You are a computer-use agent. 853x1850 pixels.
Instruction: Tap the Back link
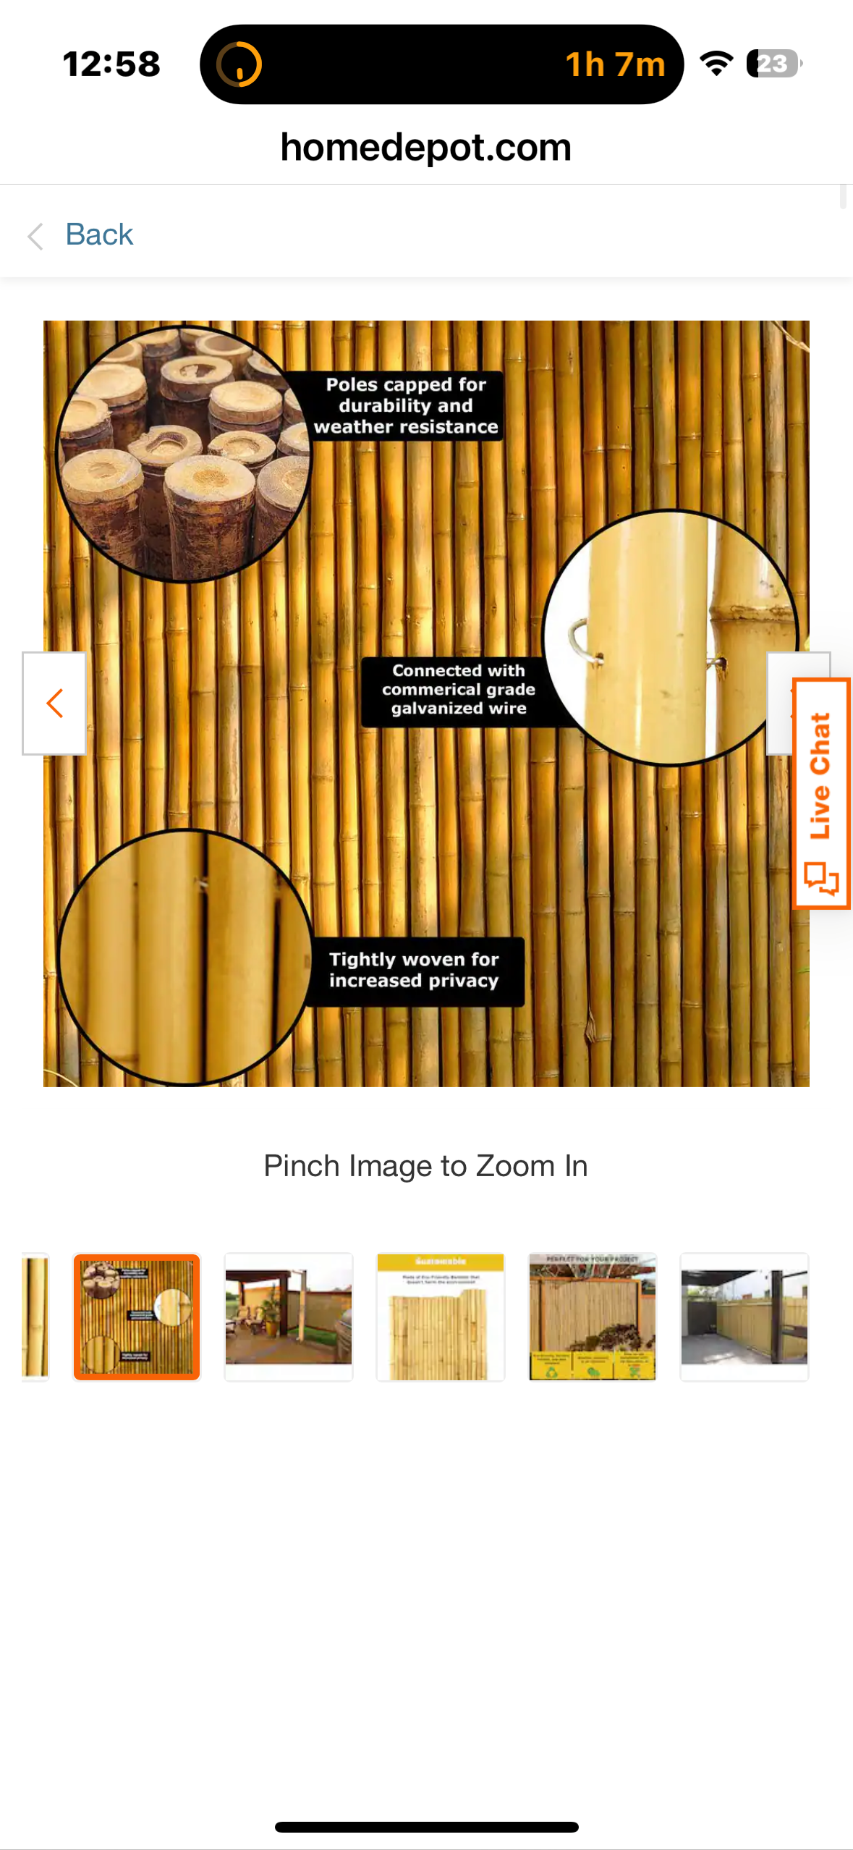pyautogui.click(x=98, y=235)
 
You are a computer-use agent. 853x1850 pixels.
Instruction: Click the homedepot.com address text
pyautogui.click(x=425, y=148)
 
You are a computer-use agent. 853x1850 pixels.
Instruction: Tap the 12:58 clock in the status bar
pyautogui.click(x=111, y=64)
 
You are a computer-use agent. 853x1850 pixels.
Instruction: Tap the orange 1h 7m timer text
pyautogui.click(x=614, y=64)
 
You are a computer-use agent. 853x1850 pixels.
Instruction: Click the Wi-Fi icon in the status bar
pyautogui.click(x=716, y=64)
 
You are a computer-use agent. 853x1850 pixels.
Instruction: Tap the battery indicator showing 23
pyautogui.click(x=773, y=64)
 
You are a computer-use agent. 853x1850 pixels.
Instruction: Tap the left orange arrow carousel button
pyautogui.click(x=54, y=703)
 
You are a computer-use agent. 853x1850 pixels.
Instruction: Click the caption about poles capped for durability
pyautogui.click(x=405, y=406)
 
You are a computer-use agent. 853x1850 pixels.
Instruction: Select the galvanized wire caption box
pyautogui.click(x=457, y=690)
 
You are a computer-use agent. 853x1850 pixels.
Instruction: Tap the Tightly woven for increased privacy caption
pyautogui.click(x=414, y=970)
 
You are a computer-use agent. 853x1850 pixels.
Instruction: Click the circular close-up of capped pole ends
pyautogui.click(x=184, y=454)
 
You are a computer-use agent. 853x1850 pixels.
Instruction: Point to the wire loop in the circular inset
pyautogui.click(x=582, y=641)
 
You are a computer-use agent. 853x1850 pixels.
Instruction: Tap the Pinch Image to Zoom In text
pyautogui.click(x=425, y=1166)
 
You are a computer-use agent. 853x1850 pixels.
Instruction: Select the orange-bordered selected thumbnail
pyautogui.click(x=137, y=1317)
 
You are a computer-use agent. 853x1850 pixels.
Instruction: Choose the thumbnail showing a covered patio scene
pyautogui.click(x=289, y=1317)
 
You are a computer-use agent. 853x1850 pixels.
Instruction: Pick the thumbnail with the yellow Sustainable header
pyautogui.click(x=441, y=1317)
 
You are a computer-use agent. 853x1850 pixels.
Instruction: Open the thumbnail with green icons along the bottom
pyautogui.click(x=593, y=1317)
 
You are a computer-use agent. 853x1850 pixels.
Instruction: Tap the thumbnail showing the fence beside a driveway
pyautogui.click(x=744, y=1317)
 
